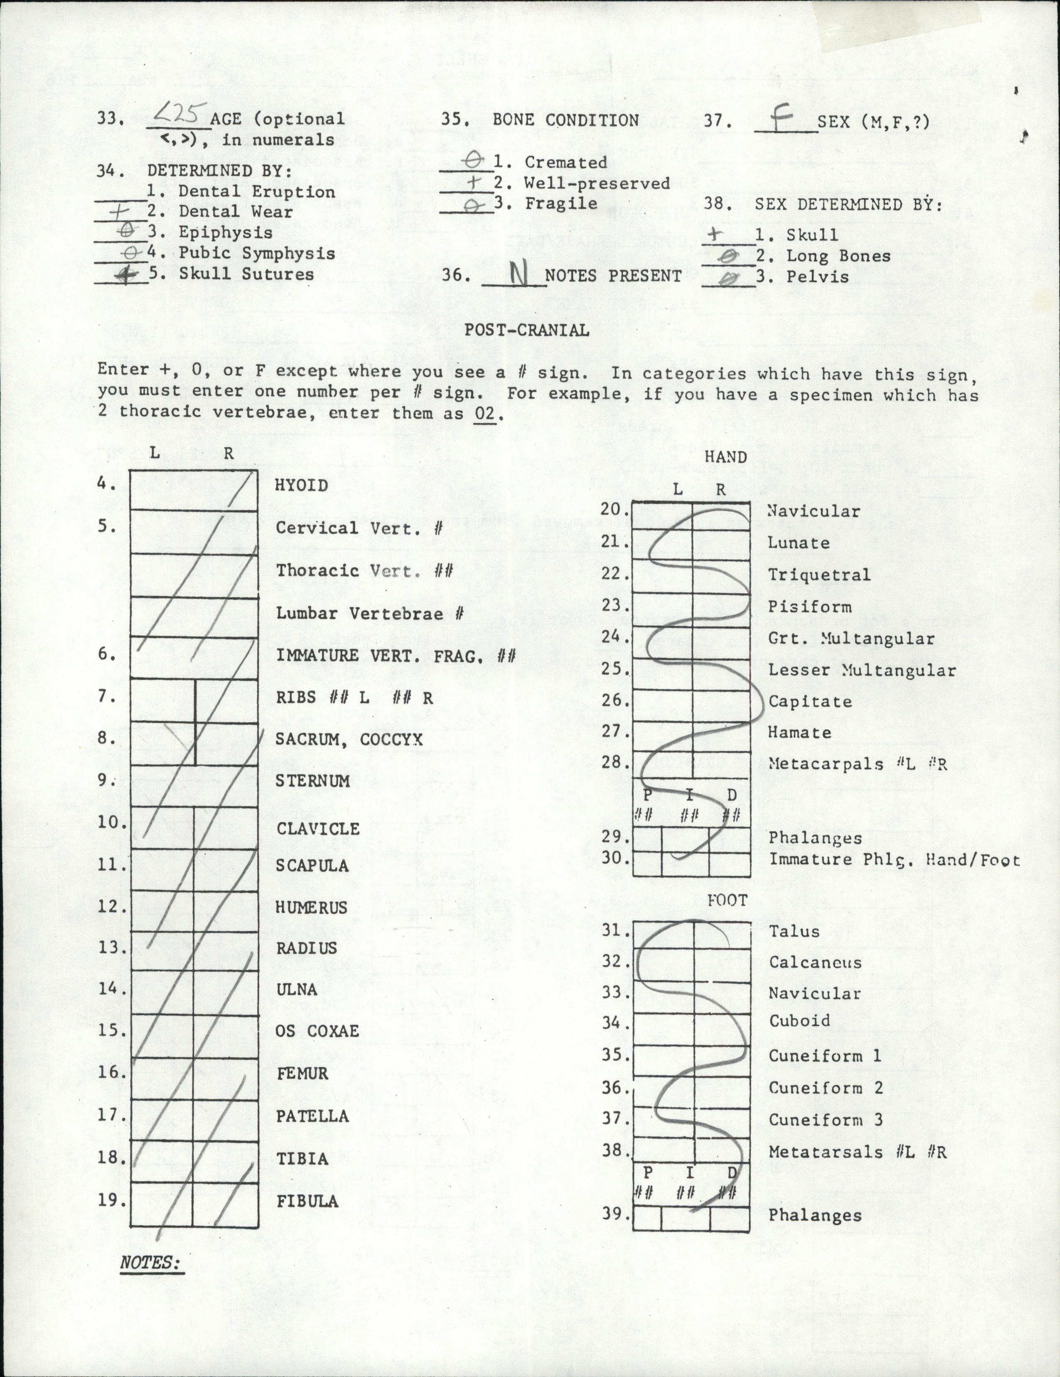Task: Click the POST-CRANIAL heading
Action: (x=527, y=330)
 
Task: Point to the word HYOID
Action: (x=301, y=486)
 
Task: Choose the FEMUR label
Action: (x=302, y=1073)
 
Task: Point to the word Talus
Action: (x=794, y=931)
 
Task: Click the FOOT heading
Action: (x=727, y=900)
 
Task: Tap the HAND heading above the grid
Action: (x=725, y=457)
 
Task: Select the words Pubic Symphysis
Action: (x=257, y=253)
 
